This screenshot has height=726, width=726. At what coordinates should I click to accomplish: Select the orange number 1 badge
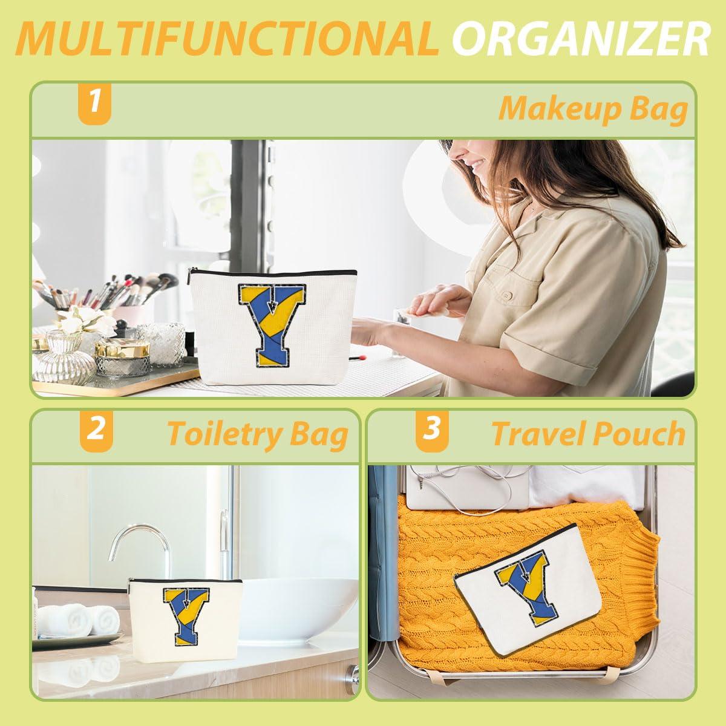pyautogui.click(x=94, y=103)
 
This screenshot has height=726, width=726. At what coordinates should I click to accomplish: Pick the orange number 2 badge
pyautogui.click(x=96, y=431)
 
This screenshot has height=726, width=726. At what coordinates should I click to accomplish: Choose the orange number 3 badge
pyautogui.click(x=432, y=431)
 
